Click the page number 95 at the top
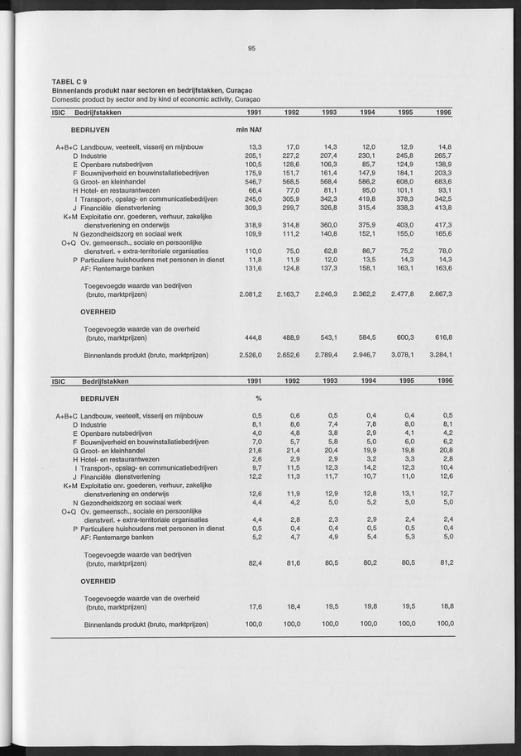coord(251,49)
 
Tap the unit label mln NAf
coord(249,130)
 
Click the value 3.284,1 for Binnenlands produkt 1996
coord(439,356)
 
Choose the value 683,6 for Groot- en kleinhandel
coord(442,182)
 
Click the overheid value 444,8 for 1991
coord(252,337)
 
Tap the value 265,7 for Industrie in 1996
coord(442,156)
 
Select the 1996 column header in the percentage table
coord(443,381)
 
